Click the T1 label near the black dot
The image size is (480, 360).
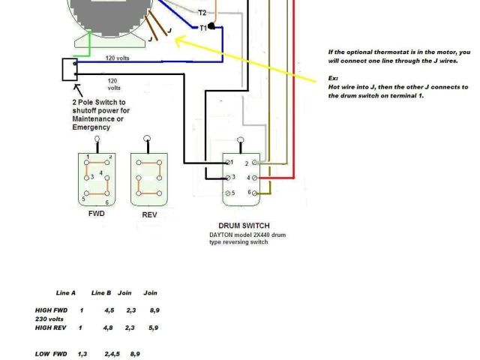point(202,28)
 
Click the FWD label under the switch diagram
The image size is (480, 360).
point(96,214)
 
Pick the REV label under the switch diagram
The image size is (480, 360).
point(149,214)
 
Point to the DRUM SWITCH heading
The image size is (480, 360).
point(244,226)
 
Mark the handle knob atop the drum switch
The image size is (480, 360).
point(241,139)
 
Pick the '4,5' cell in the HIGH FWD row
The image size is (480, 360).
point(109,310)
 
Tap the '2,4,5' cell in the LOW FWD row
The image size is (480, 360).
point(112,353)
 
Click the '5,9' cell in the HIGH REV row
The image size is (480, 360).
point(154,328)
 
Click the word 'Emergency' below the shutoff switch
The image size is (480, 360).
point(91,127)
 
